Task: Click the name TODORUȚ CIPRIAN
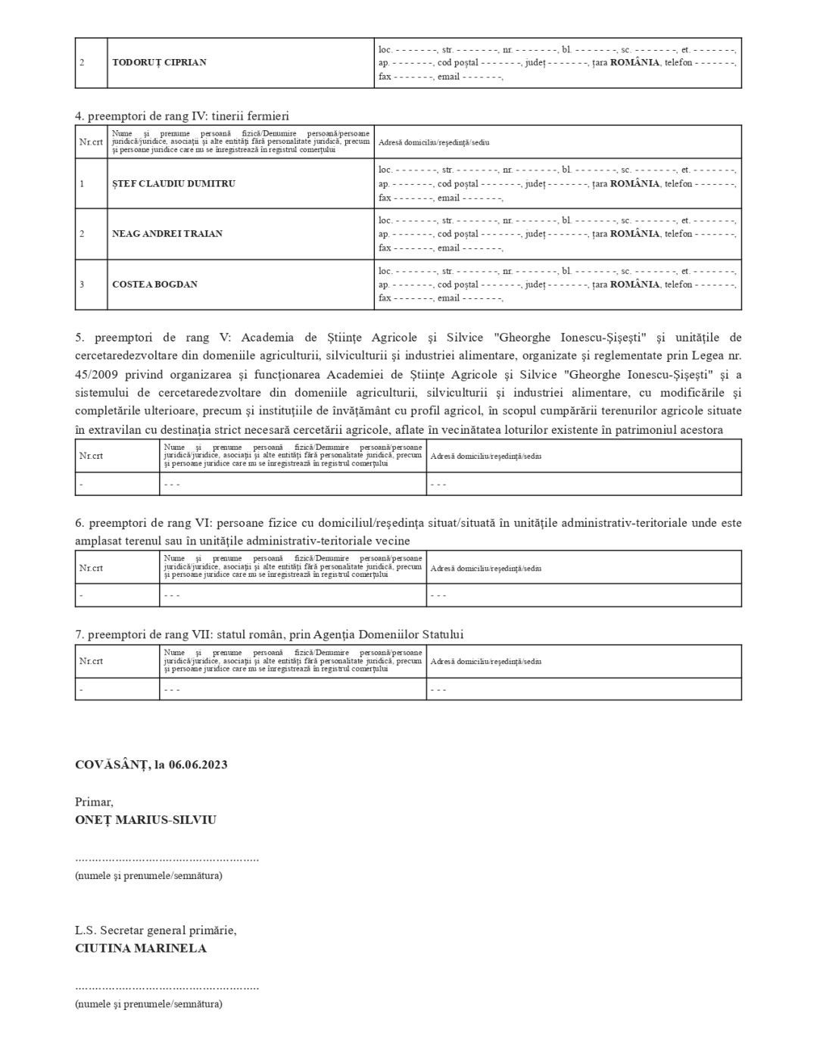click(x=159, y=63)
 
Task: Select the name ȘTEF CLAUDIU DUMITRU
click(x=163, y=184)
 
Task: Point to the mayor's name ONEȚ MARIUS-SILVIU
click(x=145, y=820)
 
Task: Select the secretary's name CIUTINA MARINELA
click(x=141, y=948)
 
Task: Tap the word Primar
click(x=94, y=802)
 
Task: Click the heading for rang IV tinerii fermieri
click(x=182, y=116)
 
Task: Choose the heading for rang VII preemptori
click(x=269, y=634)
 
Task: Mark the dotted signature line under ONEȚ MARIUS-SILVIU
click(x=167, y=859)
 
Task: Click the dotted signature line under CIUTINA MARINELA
click(x=167, y=987)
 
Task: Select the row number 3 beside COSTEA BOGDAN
click(x=82, y=285)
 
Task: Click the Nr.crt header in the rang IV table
click(x=91, y=142)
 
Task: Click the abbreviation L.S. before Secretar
click(x=85, y=931)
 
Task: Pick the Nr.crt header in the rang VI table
click(x=91, y=568)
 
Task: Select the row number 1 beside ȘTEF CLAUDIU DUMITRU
click(x=82, y=184)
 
